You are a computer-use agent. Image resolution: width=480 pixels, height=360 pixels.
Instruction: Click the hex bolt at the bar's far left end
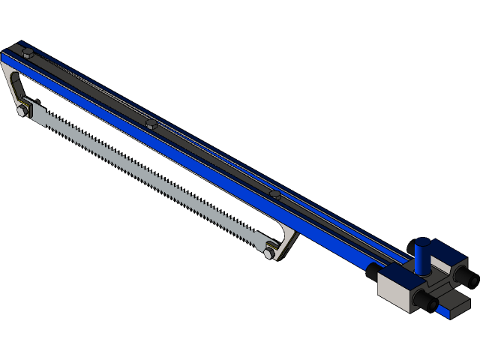click(28, 53)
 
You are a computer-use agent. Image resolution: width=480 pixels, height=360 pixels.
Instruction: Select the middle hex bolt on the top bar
click(151, 123)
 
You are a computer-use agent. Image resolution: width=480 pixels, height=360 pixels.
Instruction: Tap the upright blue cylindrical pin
click(423, 255)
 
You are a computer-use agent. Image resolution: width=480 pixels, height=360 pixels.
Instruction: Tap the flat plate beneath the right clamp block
click(454, 308)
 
